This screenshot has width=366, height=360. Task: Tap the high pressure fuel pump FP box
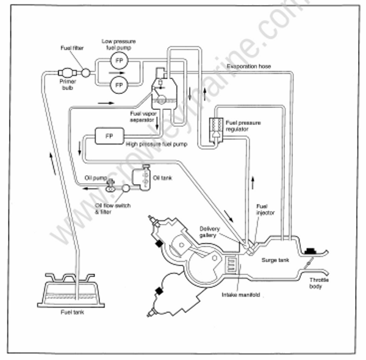point(109,135)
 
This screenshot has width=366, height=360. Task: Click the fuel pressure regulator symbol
point(217,127)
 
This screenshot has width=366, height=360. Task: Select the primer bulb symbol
point(67,73)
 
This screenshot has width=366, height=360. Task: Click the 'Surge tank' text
point(273,259)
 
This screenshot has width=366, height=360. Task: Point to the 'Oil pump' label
point(95,178)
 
